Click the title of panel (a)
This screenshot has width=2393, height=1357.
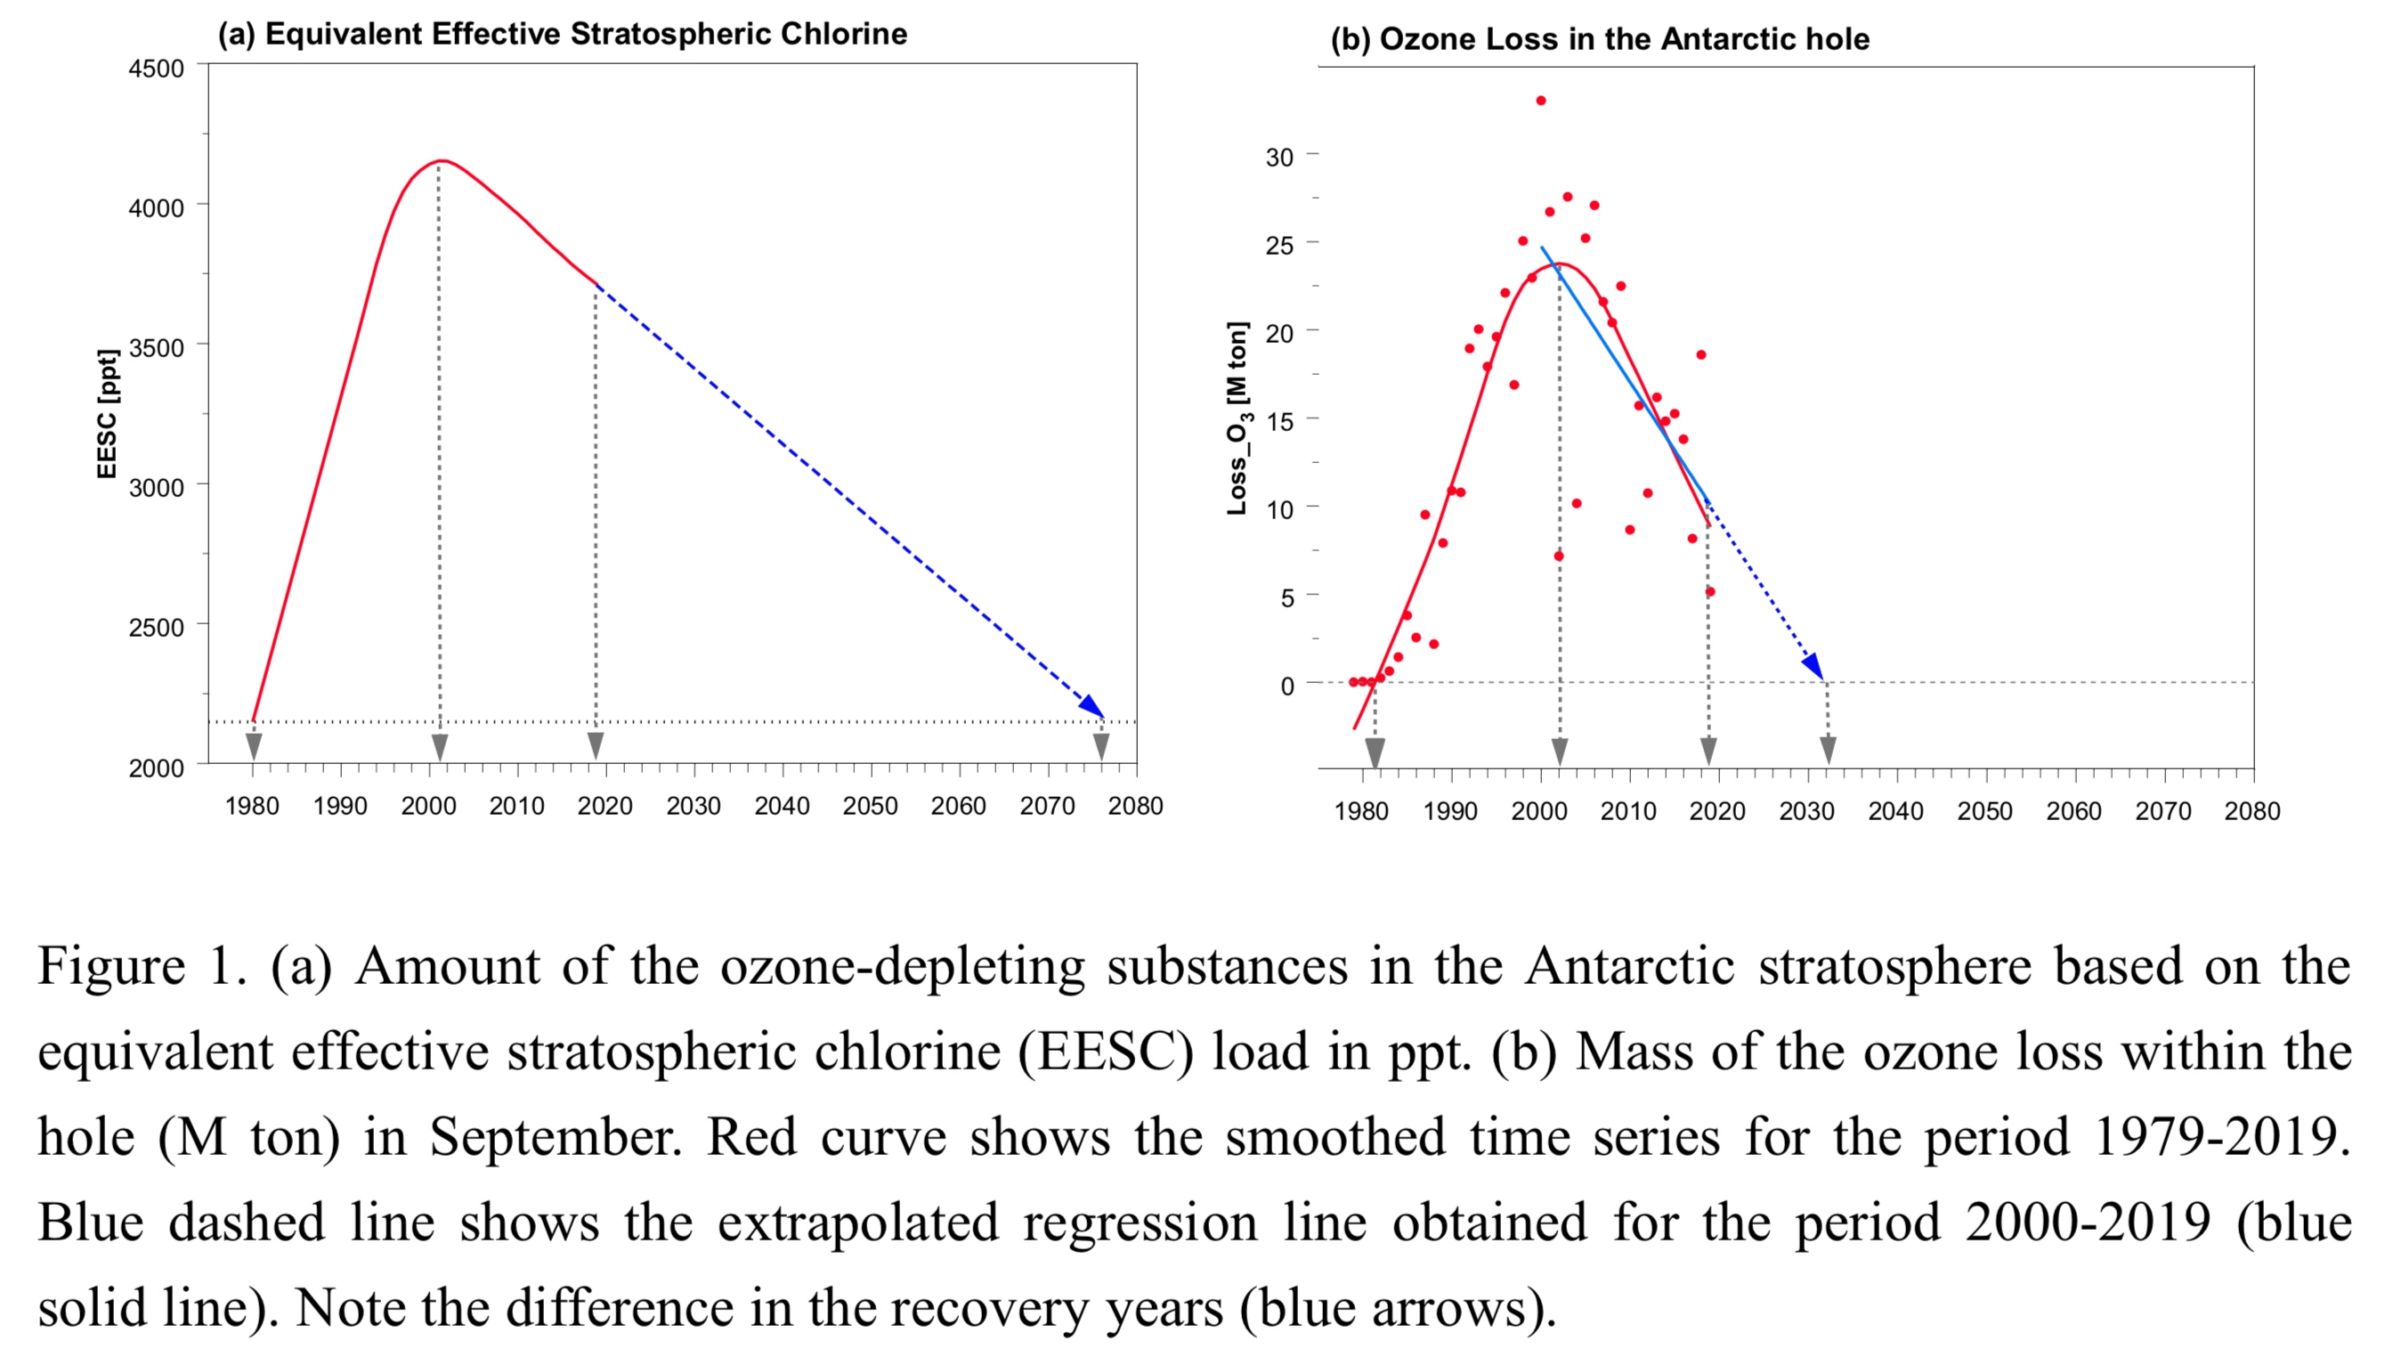(562, 35)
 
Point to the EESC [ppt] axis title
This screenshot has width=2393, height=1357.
(108, 414)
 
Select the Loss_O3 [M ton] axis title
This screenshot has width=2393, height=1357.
(1237, 418)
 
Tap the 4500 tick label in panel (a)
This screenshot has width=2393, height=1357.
(157, 69)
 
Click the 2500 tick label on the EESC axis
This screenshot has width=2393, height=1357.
(157, 627)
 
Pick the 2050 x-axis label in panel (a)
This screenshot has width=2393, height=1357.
(870, 806)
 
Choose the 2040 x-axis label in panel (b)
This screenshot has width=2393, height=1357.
(1895, 812)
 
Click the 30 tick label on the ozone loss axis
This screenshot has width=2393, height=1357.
(1278, 158)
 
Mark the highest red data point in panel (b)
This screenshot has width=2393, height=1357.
(1540, 101)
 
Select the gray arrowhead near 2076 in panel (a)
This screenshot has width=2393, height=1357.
(1100, 745)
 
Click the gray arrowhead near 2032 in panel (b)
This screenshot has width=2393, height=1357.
(1828, 750)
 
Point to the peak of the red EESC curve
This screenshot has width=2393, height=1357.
(441, 161)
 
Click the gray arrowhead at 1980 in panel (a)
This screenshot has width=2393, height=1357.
(254, 745)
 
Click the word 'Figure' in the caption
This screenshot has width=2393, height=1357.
(111, 966)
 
